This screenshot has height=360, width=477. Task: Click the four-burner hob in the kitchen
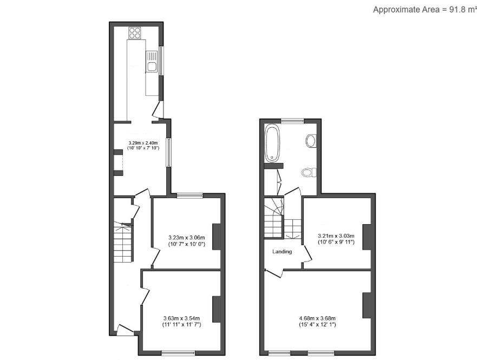pyautogui.click(x=135, y=32)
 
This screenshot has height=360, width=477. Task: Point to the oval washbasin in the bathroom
pyautogui.click(x=311, y=141)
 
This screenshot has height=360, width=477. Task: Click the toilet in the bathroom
pyautogui.click(x=308, y=172)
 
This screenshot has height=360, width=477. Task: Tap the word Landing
pyautogui.click(x=282, y=252)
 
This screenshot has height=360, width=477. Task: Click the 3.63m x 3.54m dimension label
pyautogui.click(x=182, y=322)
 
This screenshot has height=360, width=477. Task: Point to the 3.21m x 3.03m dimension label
pyautogui.click(x=336, y=239)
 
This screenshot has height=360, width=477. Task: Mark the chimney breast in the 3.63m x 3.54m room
pyautogui.click(x=217, y=309)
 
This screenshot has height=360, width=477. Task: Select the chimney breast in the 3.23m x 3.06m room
pyautogui.click(x=217, y=237)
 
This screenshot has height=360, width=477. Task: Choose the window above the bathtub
pyautogui.click(x=292, y=120)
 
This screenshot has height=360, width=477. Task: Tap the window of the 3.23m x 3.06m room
pyautogui.click(x=190, y=195)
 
